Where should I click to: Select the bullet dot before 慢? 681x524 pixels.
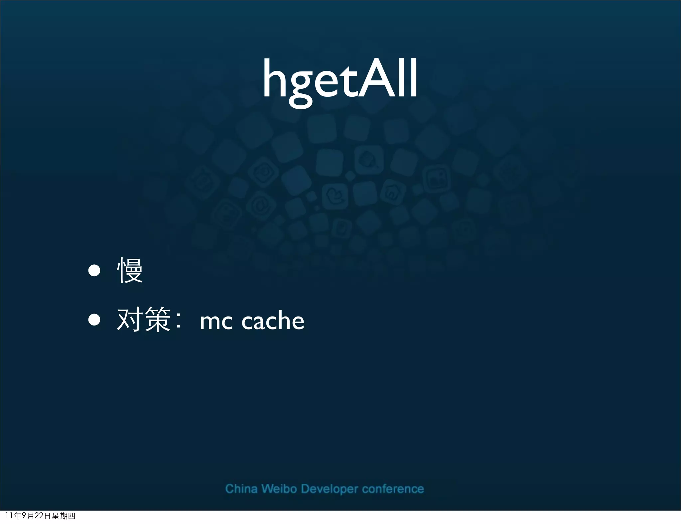pos(94,271)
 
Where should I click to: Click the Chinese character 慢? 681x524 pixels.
pos(130,270)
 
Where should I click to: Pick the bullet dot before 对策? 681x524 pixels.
pos(94,320)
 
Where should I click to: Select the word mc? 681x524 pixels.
pos(216,322)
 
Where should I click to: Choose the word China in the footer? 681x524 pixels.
pos(241,489)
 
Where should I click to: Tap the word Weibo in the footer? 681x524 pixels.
pos(279,489)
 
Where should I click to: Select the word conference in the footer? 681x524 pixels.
pos(393,489)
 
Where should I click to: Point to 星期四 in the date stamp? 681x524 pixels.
pos(64,516)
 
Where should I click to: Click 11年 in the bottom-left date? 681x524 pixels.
pos(13,516)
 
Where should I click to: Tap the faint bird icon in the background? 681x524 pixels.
pos(335,196)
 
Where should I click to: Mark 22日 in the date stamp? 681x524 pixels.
pos(43,516)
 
